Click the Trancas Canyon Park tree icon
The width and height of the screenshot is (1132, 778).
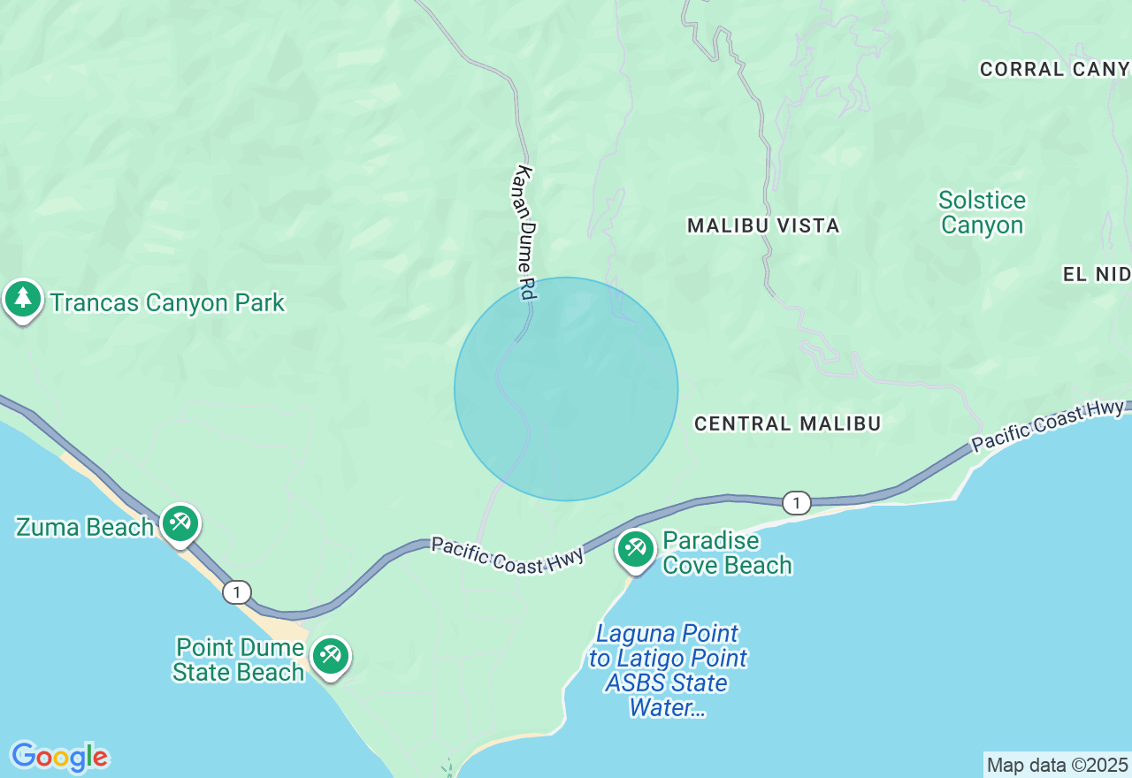tap(23, 300)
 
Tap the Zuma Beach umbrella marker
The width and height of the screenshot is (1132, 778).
tap(180, 522)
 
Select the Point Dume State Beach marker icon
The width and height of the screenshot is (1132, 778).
tap(331, 655)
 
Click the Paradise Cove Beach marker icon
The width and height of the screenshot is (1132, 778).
tap(635, 549)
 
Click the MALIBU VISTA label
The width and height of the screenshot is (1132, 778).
tap(763, 225)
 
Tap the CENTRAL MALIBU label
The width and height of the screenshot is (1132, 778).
tap(787, 424)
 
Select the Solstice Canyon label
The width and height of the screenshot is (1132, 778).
tap(982, 212)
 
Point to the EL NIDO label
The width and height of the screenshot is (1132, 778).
tap(1097, 275)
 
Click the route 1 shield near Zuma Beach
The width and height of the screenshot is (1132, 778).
tap(237, 591)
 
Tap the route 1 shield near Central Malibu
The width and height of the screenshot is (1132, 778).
tap(797, 503)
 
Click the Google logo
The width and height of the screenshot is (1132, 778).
tap(59, 757)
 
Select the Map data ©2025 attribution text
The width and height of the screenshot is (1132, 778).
tap(1057, 765)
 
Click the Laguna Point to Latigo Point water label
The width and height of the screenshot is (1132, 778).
tap(668, 670)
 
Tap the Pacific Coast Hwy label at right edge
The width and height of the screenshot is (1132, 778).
tap(1048, 426)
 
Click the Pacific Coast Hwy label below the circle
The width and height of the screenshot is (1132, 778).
tap(508, 553)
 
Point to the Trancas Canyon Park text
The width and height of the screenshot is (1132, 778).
tap(167, 302)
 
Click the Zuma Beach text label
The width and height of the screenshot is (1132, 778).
tap(85, 527)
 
